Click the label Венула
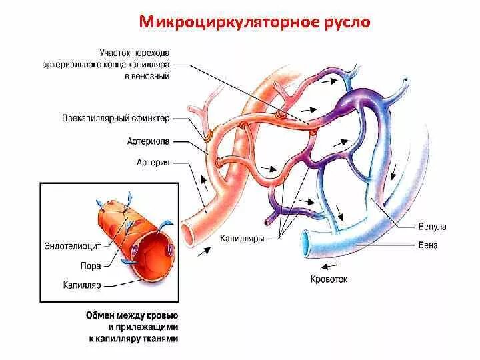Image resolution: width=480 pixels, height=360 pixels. click(433, 227)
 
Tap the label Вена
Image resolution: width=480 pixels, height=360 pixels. click(429, 245)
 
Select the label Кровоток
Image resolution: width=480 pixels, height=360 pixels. click(329, 279)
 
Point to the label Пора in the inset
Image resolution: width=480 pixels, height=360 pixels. click(91, 265)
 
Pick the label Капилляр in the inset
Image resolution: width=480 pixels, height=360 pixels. click(84, 285)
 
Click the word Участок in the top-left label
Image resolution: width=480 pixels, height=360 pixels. click(114, 52)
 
